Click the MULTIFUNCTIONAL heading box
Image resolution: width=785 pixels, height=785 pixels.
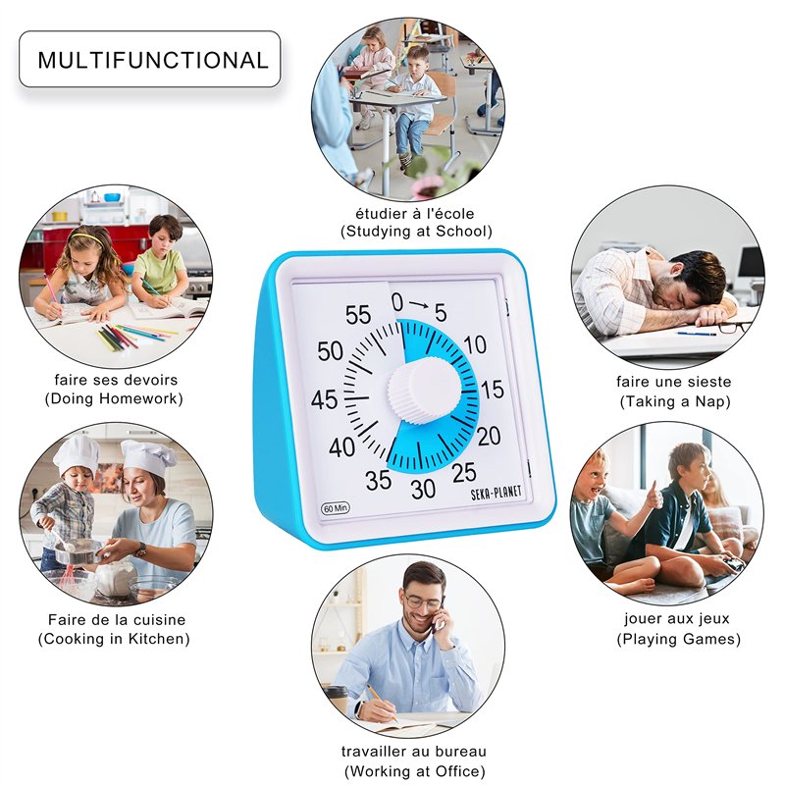(150, 59)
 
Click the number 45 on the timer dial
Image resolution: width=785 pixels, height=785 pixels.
(324, 400)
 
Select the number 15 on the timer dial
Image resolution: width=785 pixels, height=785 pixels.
(492, 389)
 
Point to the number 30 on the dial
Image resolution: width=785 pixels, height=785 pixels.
(423, 489)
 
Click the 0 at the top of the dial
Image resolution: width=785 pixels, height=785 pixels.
(397, 302)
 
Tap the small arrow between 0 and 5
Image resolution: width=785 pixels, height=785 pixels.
(419, 304)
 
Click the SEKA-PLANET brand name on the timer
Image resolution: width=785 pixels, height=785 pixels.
(496, 494)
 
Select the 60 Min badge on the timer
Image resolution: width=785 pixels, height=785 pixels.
(335, 508)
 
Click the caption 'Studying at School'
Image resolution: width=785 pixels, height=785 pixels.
(416, 232)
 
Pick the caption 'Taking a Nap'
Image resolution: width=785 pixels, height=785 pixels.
(675, 401)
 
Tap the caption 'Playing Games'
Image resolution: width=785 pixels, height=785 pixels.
(678, 640)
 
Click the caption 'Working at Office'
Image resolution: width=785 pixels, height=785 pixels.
(415, 771)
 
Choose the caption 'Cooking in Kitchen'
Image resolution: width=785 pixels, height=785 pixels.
(114, 639)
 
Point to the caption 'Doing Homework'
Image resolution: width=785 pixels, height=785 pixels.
(114, 399)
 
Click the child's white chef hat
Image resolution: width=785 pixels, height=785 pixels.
(76, 454)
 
